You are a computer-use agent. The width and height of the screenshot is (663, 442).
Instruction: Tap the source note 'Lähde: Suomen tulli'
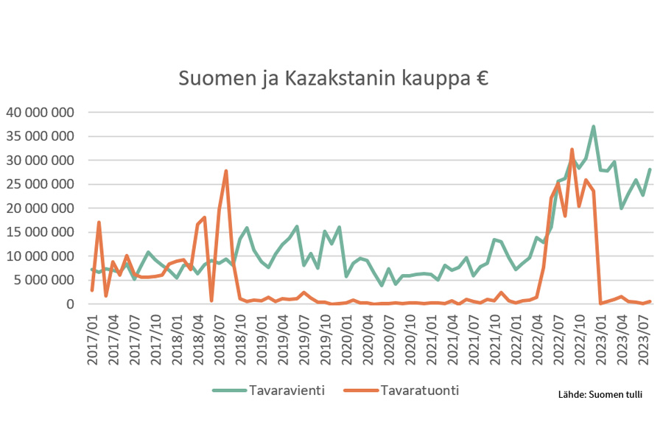[600, 394]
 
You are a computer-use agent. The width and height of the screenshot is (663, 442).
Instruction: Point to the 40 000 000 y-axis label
[41, 113]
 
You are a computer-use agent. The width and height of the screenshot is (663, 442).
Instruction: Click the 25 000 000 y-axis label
[41, 184]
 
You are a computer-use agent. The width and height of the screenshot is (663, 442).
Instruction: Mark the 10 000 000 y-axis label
[41, 256]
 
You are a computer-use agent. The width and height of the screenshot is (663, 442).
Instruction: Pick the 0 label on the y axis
[70, 304]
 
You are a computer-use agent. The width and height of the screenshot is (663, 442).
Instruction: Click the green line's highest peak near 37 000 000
[593, 127]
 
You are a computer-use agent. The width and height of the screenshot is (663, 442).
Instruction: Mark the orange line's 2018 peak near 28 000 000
[225, 171]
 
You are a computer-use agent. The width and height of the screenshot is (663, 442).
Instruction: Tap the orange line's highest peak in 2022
[572, 150]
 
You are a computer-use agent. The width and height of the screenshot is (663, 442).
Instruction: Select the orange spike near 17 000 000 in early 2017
[99, 222]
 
